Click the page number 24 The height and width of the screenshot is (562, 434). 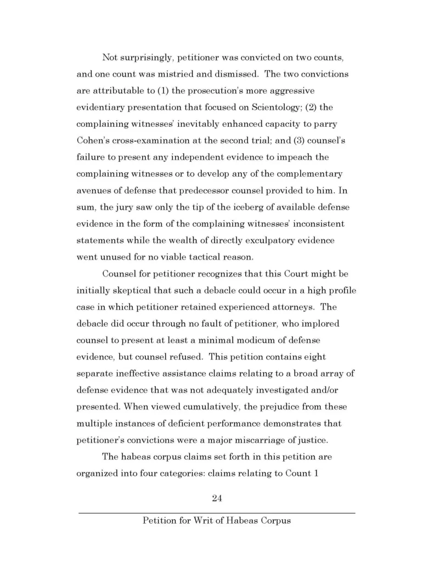[217, 498]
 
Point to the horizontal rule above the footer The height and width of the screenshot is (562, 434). [217, 513]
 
